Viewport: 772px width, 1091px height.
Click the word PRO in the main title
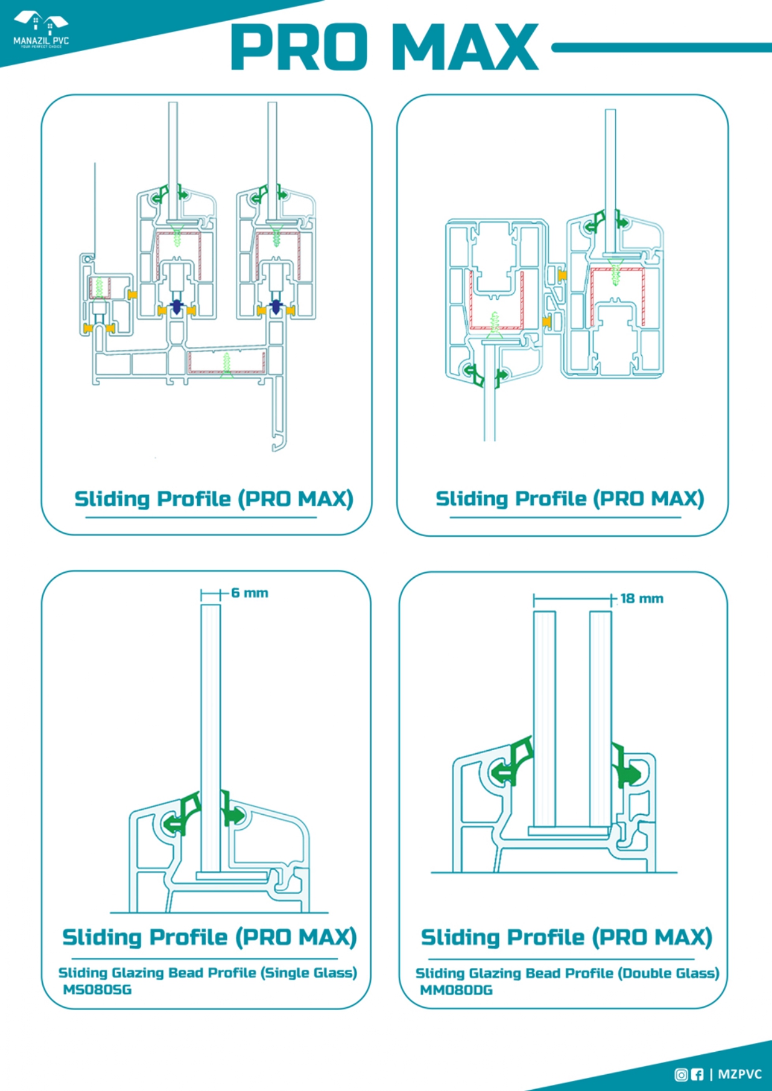(299, 47)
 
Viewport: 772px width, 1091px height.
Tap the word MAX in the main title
(465, 47)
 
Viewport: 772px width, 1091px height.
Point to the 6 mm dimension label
(249, 593)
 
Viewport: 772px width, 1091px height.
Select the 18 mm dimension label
(642, 598)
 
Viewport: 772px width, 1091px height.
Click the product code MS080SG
(97, 990)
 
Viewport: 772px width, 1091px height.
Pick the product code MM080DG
(456, 990)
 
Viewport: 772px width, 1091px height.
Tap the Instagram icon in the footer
(681, 1074)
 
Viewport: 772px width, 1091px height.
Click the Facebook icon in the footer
(697, 1074)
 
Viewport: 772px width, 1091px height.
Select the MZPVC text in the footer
(740, 1074)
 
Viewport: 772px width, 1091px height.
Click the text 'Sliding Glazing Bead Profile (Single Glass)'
(207, 973)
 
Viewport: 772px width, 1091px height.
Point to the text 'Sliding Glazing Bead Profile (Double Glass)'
(567, 973)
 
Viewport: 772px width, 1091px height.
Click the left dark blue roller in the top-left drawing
(177, 307)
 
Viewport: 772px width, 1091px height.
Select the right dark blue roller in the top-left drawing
(276, 307)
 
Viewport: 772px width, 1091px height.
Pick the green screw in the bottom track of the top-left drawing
(226, 364)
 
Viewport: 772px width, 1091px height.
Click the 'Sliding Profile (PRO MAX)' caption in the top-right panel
(569, 499)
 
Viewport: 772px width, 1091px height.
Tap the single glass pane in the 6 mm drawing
(210, 715)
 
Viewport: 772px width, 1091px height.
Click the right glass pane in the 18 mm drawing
(600, 715)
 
